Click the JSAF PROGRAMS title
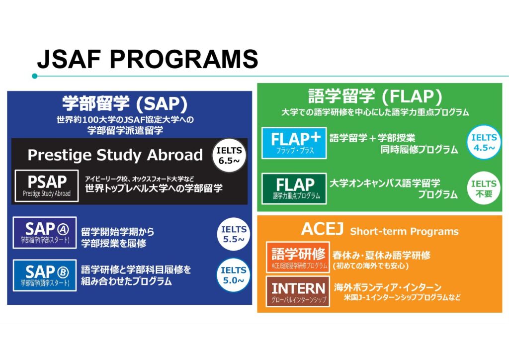pos(148,59)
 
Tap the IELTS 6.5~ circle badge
pos(229,155)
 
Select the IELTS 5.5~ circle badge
pos(234,234)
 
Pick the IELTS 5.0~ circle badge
pos(234,275)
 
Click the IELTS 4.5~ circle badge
pos(484,142)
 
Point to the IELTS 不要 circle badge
pos(484,188)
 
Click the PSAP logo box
pos(47,185)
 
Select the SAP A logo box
pos(45,233)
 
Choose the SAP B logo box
pos(45,275)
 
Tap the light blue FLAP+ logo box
pos(294,143)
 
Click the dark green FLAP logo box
pos(294,188)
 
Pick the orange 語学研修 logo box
pos(298,257)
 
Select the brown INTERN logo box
pos(298,291)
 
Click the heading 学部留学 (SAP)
pos(125,103)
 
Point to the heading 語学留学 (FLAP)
pos(375,96)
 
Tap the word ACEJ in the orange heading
pos(322,229)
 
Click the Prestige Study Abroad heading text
pos(115,155)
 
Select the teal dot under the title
pos(35,76)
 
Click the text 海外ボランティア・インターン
pos(388,287)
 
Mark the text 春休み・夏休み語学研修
pos(381,255)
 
